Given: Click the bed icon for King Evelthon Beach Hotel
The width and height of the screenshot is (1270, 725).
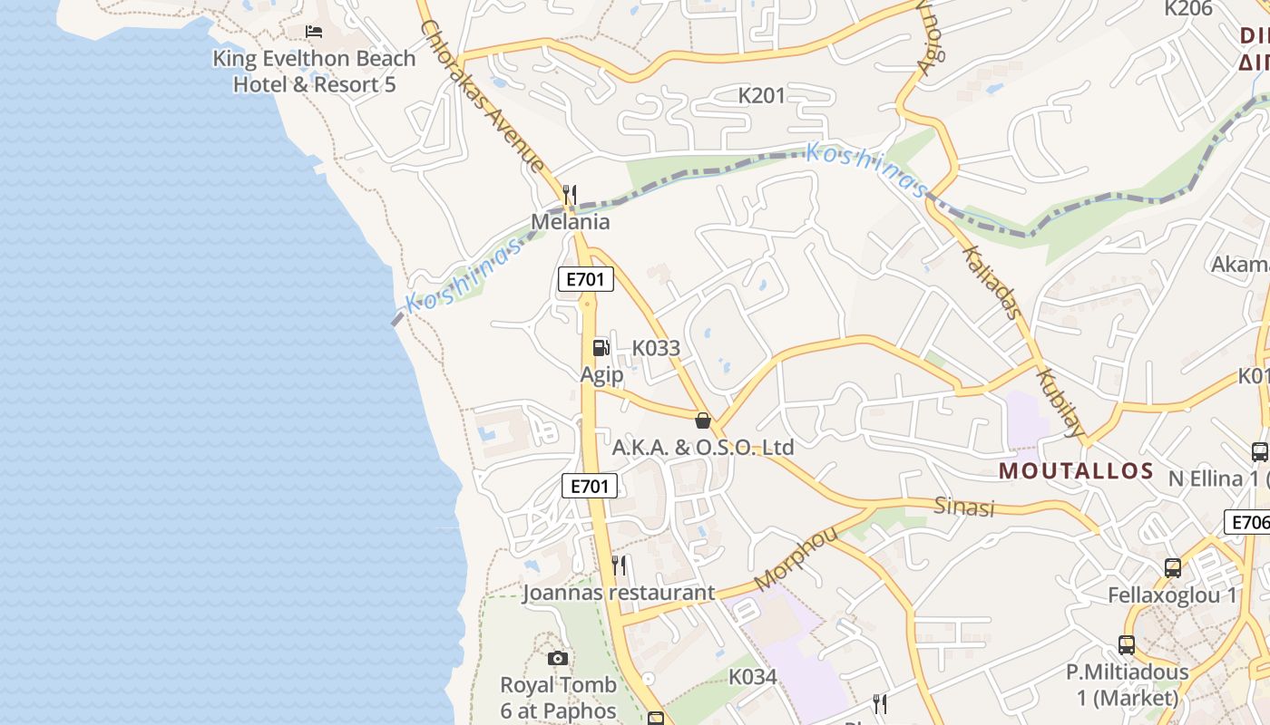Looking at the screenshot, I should pyautogui.click(x=314, y=32).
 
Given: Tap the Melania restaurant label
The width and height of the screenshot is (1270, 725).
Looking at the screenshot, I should pyautogui.click(x=570, y=222).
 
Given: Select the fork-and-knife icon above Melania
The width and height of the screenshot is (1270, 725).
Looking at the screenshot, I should pyautogui.click(x=570, y=194).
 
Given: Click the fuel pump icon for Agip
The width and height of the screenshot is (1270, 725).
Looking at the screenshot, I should pyautogui.click(x=601, y=347).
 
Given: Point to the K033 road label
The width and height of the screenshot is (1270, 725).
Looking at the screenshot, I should pyautogui.click(x=656, y=348).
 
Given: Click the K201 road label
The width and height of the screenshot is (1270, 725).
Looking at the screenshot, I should pyautogui.click(x=761, y=95).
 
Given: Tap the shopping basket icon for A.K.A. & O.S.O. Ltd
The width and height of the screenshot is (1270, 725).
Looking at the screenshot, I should pyautogui.click(x=702, y=420).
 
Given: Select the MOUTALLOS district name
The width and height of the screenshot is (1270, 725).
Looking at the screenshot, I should pyautogui.click(x=1076, y=471).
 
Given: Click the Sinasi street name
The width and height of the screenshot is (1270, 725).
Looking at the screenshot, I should pyautogui.click(x=964, y=507).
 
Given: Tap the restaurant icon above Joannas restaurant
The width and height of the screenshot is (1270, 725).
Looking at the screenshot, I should pyautogui.click(x=619, y=565).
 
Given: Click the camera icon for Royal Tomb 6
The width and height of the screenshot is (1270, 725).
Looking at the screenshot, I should pyautogui.click(x=558, y=658).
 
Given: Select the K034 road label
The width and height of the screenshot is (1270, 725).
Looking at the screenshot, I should pyautogui.click(x=753, y=677).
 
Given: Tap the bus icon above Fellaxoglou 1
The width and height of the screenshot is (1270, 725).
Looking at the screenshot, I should pyautogui.click(x=1173, y=568).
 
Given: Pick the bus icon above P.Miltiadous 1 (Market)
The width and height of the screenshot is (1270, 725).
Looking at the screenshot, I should pyautogui.click(x=1127, y=645).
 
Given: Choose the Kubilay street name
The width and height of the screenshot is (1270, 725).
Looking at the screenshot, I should pyautogui.click(x=1060, y=402).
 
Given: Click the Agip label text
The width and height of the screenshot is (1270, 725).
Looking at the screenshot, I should pyautogui.click(x=601, y=374).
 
